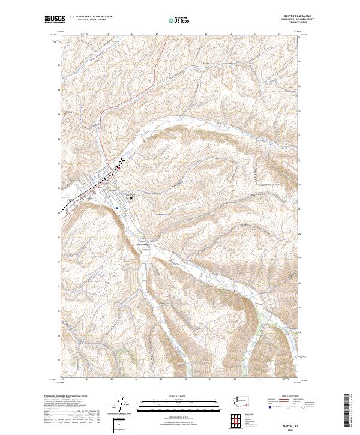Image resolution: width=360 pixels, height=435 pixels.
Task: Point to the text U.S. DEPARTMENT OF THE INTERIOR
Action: click(x=91, y=17)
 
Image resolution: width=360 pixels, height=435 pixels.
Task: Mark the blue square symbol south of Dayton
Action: click(x=118, y=208)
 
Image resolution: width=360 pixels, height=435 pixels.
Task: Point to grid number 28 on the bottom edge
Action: click(x=185, y=379)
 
